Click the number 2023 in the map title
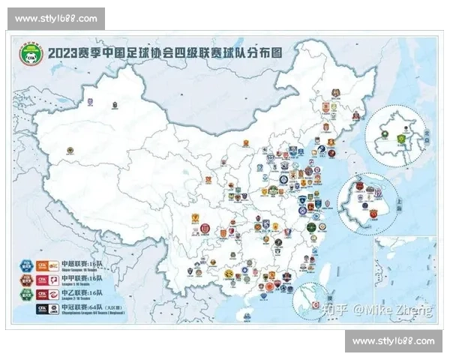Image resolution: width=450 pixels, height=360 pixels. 64,55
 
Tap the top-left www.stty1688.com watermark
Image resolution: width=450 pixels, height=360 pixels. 56,18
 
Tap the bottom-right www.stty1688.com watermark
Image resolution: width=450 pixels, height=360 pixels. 393,342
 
